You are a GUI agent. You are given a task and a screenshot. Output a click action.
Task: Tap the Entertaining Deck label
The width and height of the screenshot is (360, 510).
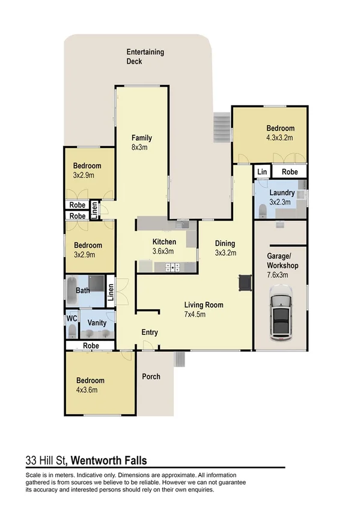[145, 57]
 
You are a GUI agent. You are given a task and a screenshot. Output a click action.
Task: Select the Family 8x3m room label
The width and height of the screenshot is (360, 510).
[142, 142]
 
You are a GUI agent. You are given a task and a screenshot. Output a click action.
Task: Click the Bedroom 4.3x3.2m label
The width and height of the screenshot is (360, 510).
[280, 133]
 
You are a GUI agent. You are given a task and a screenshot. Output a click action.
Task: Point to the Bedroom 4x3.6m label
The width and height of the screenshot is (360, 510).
[90, 385]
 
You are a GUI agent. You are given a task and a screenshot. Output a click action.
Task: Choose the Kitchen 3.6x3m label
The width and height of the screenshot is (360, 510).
[162, 247]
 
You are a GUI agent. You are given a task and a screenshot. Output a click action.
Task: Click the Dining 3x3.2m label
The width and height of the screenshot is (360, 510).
[225, 248]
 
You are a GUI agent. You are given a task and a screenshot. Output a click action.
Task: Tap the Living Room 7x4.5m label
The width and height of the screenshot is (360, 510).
[204, 309]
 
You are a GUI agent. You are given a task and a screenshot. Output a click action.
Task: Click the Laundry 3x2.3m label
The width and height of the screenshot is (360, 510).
[282, 197]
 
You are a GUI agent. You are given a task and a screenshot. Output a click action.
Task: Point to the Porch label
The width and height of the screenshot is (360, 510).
[151, 376]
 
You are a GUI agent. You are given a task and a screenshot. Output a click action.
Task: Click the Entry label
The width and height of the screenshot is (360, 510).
[150, 333]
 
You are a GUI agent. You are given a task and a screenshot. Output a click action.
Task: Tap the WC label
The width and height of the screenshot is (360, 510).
[71, 318]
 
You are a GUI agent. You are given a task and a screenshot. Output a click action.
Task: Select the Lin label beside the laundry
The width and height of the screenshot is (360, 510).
[261, 172]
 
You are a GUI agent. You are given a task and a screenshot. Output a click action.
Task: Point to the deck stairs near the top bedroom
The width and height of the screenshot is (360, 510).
[222, 127]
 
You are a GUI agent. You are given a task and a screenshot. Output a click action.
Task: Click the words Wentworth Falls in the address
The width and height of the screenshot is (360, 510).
[110, 461]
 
